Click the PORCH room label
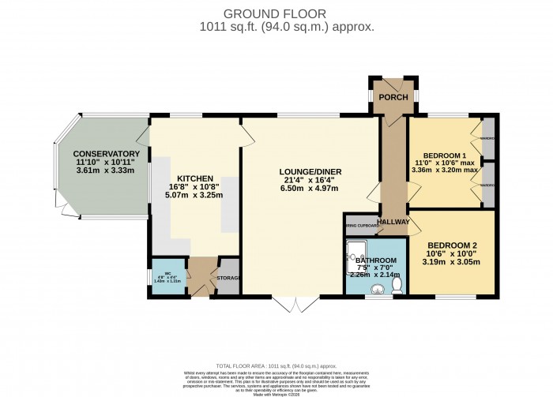tap(393, 97)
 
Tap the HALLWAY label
tap(393, 223)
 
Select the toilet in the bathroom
tap(397, 285)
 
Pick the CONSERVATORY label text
tap(107, 154)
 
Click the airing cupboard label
tap(361, 223)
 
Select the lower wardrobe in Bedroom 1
tap(489, 184)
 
